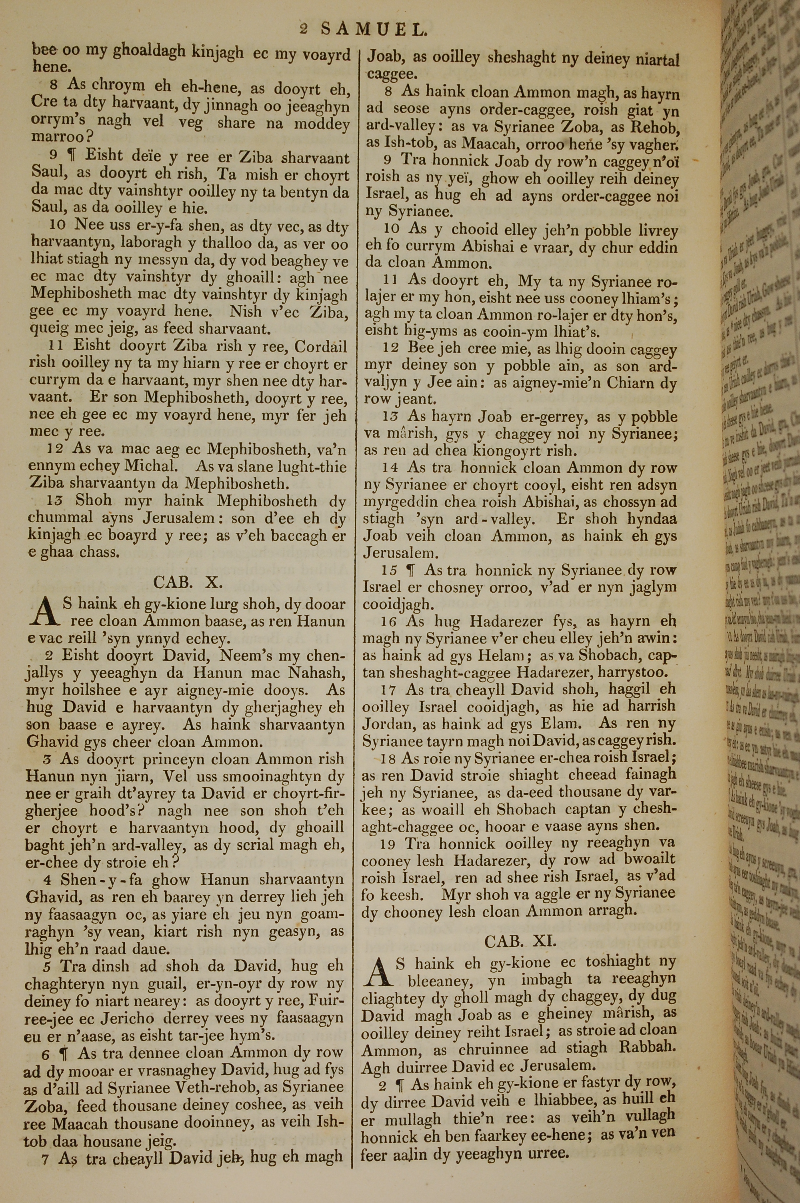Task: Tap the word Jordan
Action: pos(387,723)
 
